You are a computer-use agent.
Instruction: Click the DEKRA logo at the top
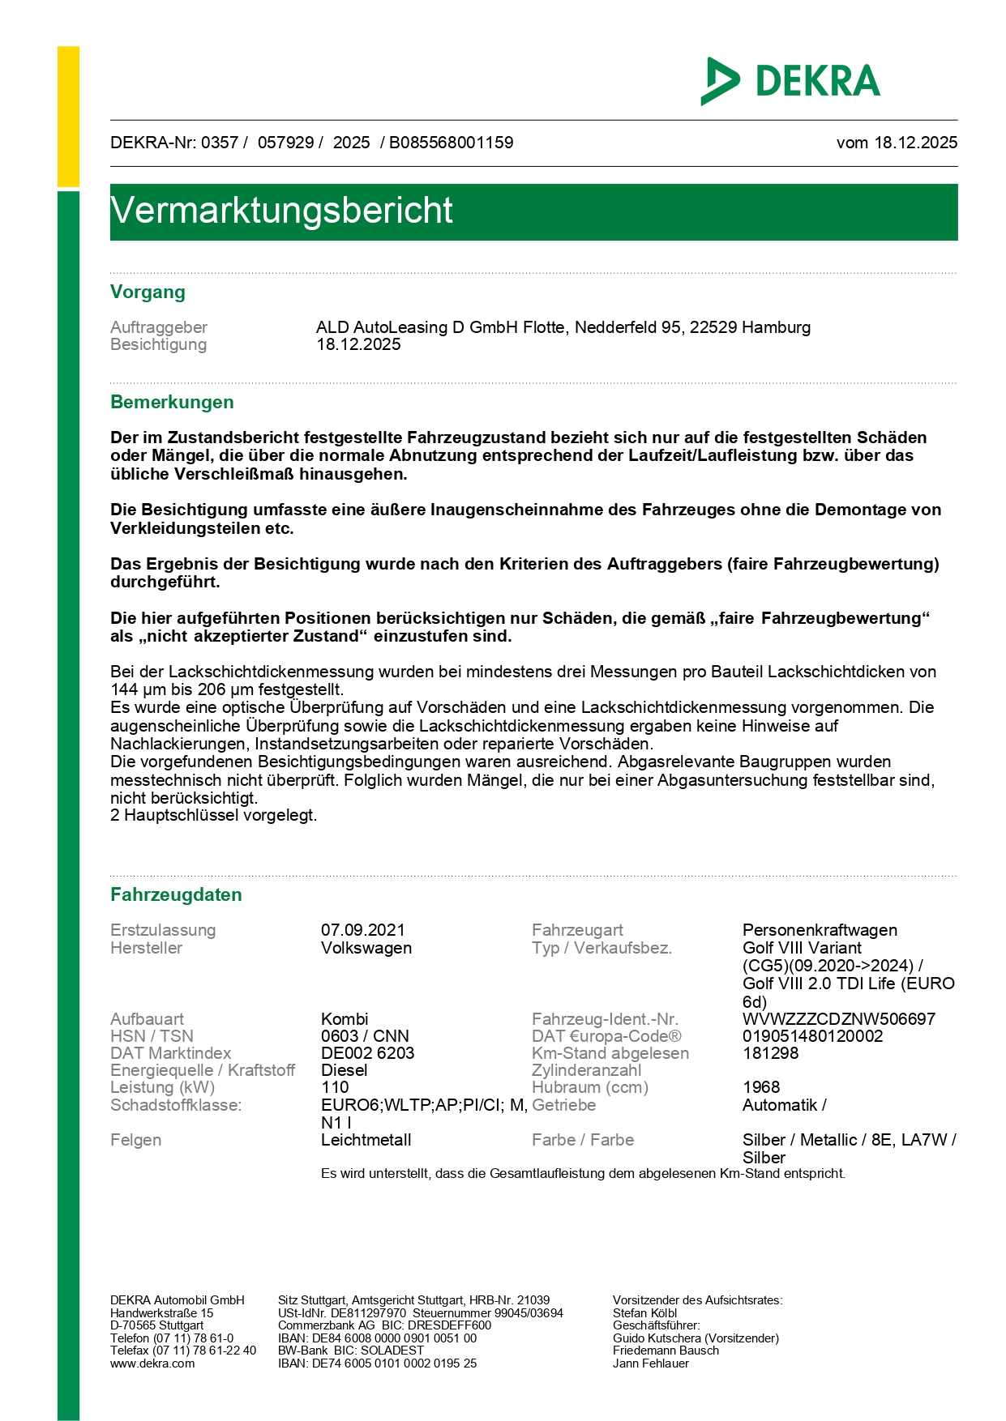point(790,81)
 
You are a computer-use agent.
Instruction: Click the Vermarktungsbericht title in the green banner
point(281,211)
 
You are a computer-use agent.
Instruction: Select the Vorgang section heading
point(148,292)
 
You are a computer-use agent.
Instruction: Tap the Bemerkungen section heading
point(172,403)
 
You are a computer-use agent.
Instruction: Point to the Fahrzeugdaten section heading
point(176,895)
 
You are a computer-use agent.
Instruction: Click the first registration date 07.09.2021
point(362,930)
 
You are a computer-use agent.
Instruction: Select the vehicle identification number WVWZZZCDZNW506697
point(838,1019)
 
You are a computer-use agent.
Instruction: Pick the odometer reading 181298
point(770,1053)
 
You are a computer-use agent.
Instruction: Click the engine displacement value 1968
point(760,1087)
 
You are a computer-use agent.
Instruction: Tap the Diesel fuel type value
point(344,1070)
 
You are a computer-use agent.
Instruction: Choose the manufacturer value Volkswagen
point(366,948)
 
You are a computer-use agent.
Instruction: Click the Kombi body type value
point(344,1019)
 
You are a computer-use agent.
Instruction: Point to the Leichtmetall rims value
point(366,1140)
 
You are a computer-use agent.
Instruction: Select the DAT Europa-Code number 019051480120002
point(812,1036)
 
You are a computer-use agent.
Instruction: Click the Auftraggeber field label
point(159,327)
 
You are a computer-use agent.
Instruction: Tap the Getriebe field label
point(563,1105)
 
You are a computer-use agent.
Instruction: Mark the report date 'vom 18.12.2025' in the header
point(897,143)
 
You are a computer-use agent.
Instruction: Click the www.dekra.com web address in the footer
point(152,1363)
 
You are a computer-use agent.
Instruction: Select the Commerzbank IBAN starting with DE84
point(377,1338)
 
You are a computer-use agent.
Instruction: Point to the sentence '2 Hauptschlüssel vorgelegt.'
point(213,816)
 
